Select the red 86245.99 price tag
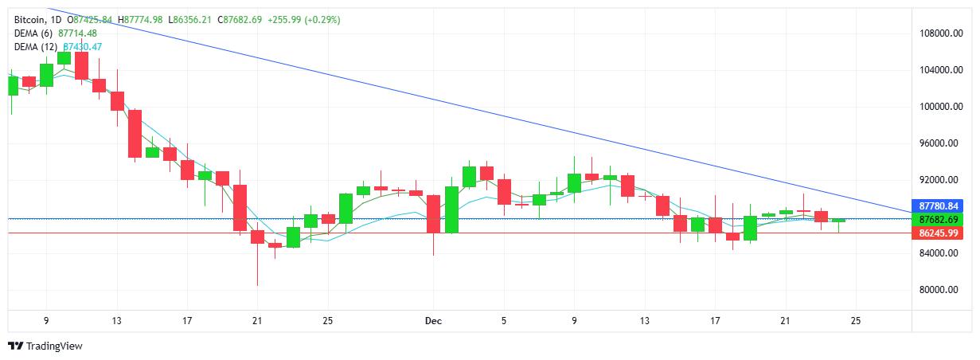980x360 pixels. [937, 233]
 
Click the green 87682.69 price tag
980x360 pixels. [937, 219]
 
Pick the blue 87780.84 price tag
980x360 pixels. [937, 205]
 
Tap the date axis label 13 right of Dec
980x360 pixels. [644, 321]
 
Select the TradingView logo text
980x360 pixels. [54, 346]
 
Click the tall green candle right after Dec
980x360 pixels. [451, 209]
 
